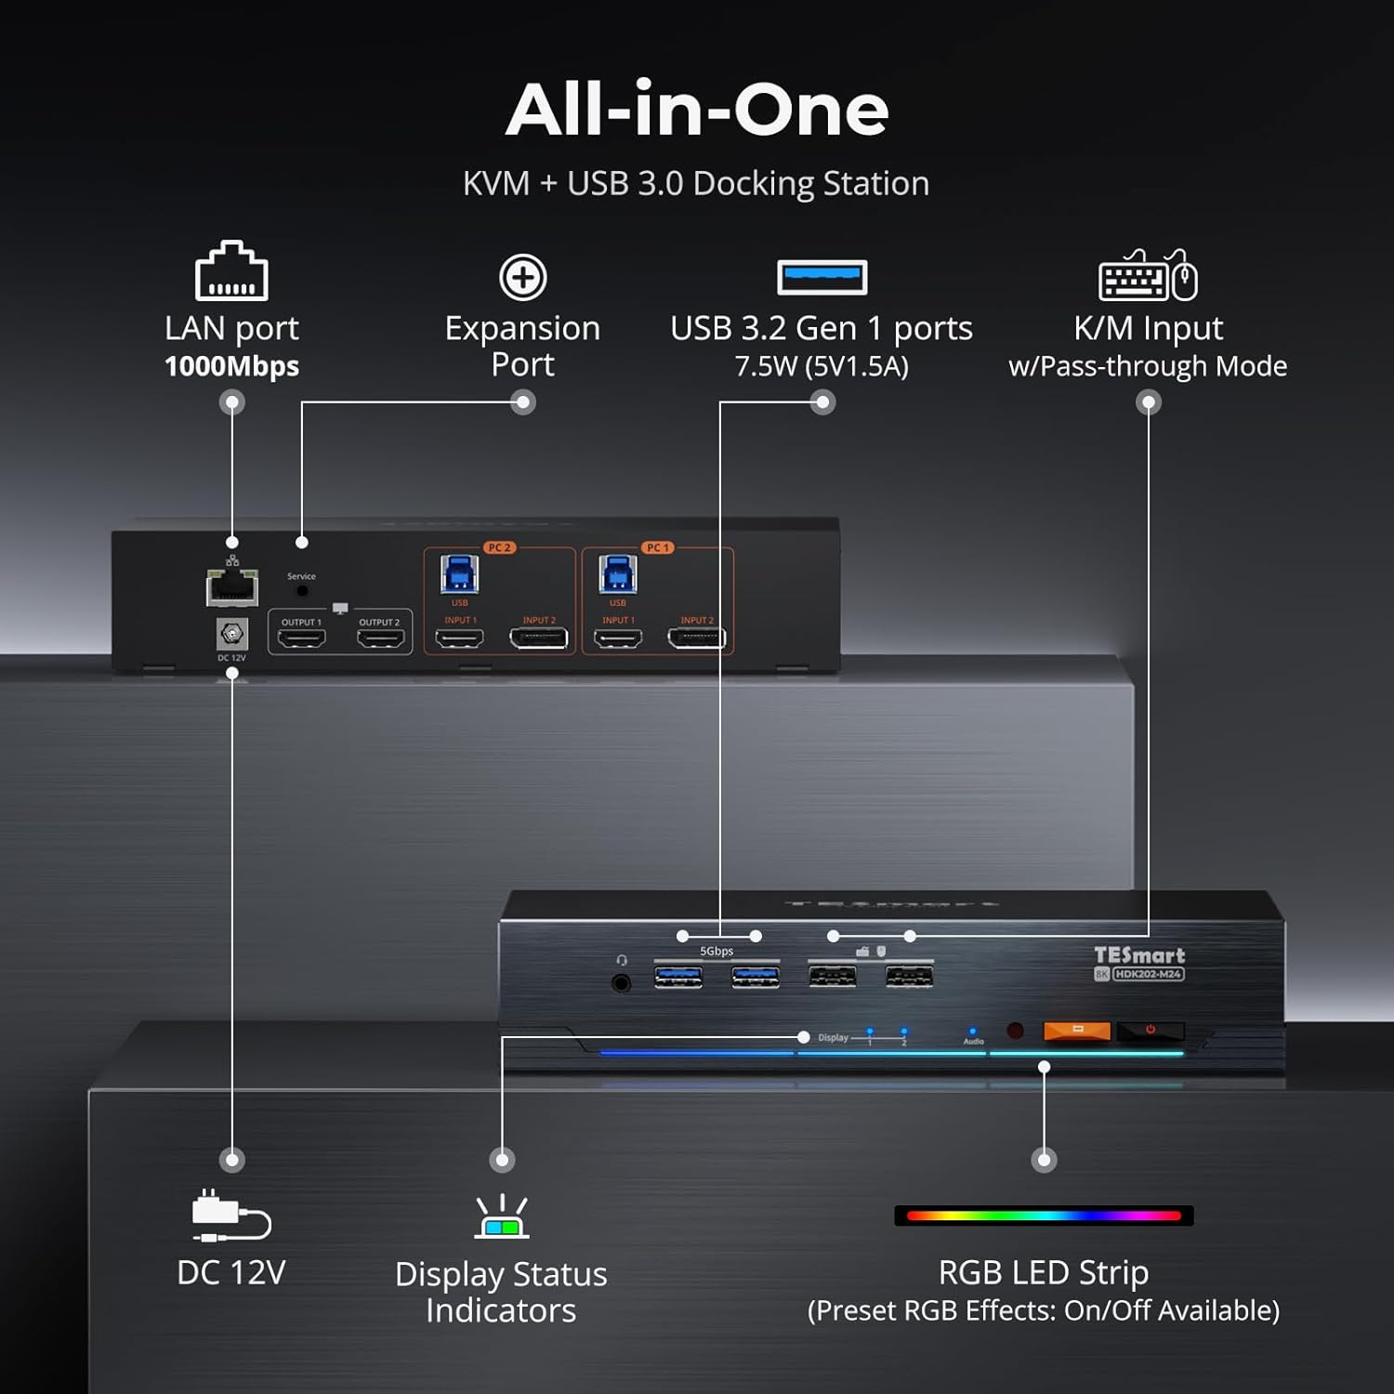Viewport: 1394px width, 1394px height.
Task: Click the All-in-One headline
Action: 697,110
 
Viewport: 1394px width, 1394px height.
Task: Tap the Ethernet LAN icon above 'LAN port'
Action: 231,271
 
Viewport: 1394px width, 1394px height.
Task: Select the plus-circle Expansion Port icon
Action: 523,277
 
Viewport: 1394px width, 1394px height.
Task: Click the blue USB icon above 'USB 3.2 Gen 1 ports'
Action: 822,277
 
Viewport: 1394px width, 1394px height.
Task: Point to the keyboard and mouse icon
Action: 1148,276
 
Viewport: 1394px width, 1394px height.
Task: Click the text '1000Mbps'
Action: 231,366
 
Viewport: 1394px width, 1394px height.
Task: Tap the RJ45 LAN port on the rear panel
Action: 231,587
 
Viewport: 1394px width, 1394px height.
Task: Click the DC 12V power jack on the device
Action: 231,635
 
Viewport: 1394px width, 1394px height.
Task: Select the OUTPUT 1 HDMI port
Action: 302,638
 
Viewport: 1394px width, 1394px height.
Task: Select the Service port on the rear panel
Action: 302,590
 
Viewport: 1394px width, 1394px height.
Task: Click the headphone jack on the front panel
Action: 622,982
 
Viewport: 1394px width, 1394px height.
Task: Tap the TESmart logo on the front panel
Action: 1138,955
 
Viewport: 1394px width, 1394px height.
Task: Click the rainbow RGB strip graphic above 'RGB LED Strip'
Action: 1044,1216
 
